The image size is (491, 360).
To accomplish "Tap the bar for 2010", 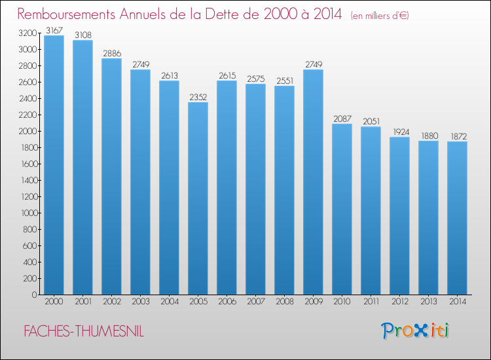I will click(342, 209).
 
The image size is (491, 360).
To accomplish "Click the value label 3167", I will click(54, 29).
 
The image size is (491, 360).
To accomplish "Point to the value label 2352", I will click(198, 96).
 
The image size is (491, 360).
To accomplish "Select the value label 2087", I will click(342, 118).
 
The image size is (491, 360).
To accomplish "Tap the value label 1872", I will click(457, 135).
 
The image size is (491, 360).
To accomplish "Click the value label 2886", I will click(111, 52).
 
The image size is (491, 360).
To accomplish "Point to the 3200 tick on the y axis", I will click(28, 33).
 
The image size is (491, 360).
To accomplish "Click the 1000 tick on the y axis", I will click(28, 213).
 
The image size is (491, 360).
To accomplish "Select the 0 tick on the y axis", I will click(34, 295).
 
